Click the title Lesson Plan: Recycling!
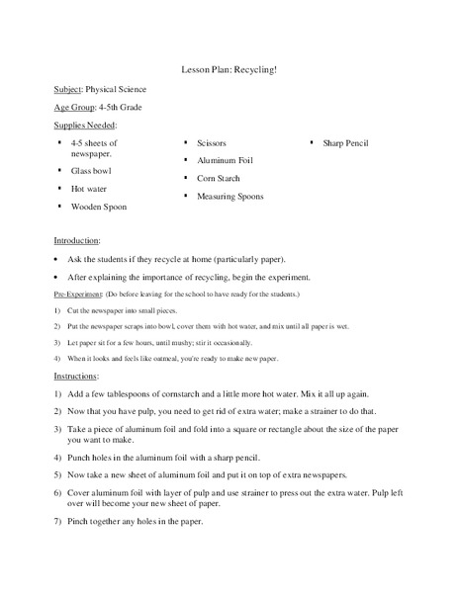(229, 71)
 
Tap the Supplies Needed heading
(85, 126)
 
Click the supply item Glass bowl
(91, 170)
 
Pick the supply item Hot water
(89, 188)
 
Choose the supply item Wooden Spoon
(99, 207)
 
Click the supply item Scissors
(213, 142)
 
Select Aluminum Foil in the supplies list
(227, 160)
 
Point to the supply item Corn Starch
(220, 178)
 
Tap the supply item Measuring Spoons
(230, 197)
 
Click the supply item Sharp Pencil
(346, 142)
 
